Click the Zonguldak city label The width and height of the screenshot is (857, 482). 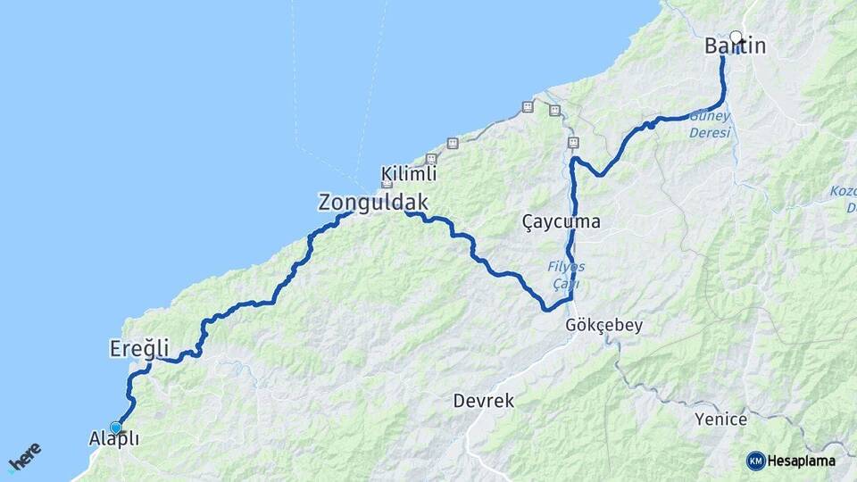pyautogui.click(x=373, y=203)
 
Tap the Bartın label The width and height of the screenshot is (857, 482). pyautogui.click(x=735, y=46)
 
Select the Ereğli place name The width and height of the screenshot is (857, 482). pyautogui.click(x=138, y=347)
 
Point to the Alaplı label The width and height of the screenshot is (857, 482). pyautogui.click(x=114, y=438)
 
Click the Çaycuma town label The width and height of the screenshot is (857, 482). pyautogui.click(x=561, y=222)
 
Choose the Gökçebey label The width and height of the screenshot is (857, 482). pyautogui.click(x=603, y=326)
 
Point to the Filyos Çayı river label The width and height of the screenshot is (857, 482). pyautogui.click(x=566, y=276)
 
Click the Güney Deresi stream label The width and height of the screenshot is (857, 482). pyautogui.click(x=710, y=124)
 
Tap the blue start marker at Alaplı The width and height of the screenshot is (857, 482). pyautogui.click(x=115, y=428)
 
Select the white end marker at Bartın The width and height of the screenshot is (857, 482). pyautogui.click(x=736, y=37)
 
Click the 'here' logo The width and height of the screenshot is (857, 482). pyautogui.click(x=25, y=457)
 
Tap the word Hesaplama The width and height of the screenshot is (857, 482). pyautogui.click(x=802, y=461)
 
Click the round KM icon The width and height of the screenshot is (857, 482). pyautogui.click(x=755, y=461)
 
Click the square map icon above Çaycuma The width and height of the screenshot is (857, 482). pyautogui.click(x=573, y=142)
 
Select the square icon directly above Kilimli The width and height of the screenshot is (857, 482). pyautogui.click(x=431, y=158)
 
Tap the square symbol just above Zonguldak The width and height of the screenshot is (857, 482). pyautogui.click(x=387, y=184)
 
